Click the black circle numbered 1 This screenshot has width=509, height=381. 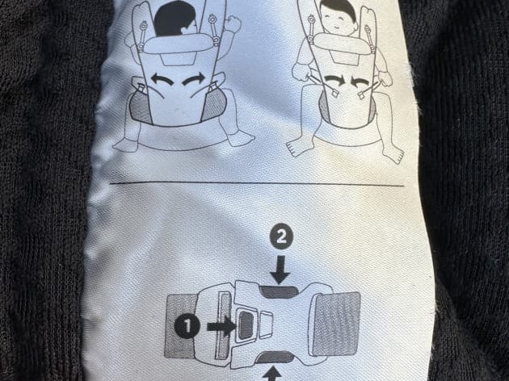(187, 326)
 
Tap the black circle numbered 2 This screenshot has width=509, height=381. (281, 237)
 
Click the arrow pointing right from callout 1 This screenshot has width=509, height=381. (221, 326)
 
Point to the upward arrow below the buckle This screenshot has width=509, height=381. (272, 374)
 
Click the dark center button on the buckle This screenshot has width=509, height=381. (246, 326)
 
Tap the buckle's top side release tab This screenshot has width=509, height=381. (279, 291)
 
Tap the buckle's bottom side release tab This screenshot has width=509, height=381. (276, 358)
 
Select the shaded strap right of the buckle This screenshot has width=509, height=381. (337, 324)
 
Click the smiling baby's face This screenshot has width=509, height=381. (337, 19)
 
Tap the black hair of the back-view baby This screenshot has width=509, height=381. (174, 19)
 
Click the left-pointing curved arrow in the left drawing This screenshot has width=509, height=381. (162, 80)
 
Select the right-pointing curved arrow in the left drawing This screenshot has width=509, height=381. (194, 79)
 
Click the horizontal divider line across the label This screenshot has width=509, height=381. (257, 184)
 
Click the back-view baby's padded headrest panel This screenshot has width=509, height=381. (177, 43)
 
